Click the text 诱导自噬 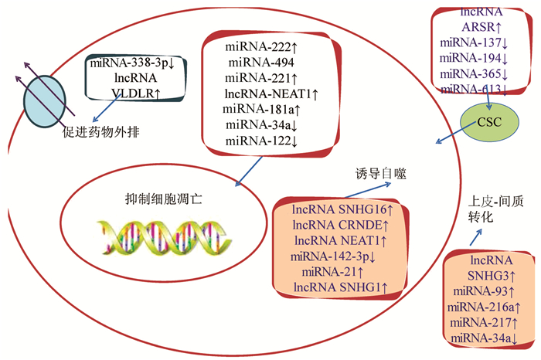[378, 175]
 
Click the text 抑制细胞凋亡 [159, 198]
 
